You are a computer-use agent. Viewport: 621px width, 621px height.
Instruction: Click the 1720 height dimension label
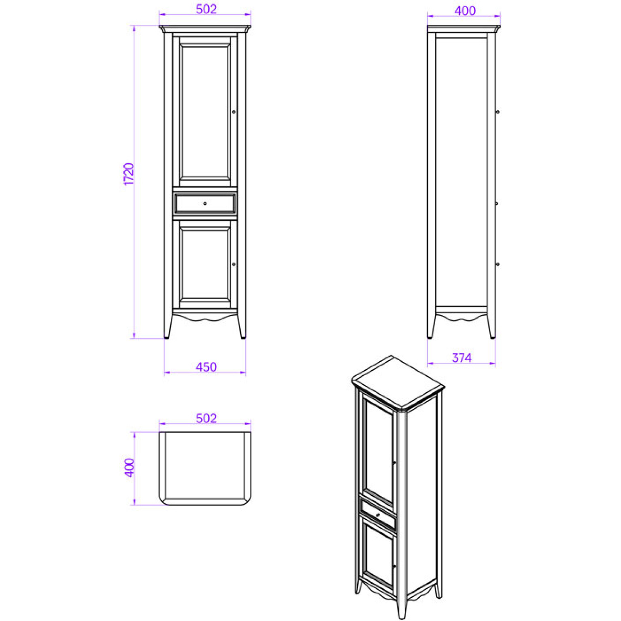128,174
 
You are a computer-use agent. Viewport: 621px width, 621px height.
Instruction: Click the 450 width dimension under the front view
206,367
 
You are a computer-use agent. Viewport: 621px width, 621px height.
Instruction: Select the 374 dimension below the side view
461,358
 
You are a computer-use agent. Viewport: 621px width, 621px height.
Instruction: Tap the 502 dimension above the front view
206,9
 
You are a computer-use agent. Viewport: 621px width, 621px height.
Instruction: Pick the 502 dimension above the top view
206,418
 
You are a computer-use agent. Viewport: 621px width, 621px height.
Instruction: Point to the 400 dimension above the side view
465,11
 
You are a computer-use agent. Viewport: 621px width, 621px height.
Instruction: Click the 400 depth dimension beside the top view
129,468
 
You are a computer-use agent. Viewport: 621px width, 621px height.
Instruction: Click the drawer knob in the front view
205,203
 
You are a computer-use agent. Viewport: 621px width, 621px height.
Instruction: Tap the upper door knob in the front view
234,112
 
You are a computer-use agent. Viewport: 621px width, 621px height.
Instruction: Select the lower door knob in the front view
234,264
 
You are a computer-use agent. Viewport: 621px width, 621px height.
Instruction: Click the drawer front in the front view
205,203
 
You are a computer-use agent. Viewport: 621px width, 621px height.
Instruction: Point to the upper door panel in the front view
205,112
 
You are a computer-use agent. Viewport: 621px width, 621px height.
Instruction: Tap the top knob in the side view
498,112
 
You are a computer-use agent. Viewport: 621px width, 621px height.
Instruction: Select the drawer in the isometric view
378,514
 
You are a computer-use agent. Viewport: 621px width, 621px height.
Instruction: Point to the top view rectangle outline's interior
205,466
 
